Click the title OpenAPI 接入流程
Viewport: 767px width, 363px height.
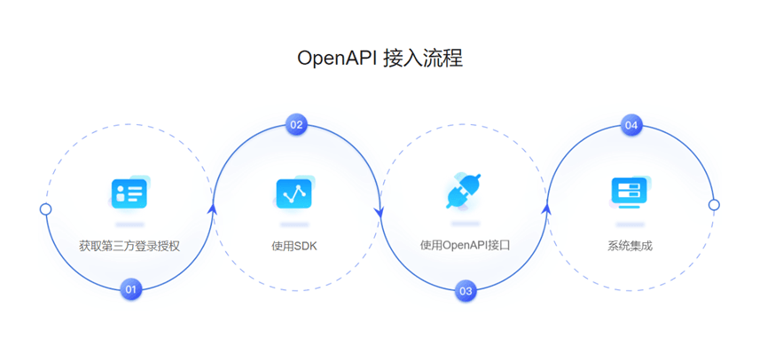click(380, 59)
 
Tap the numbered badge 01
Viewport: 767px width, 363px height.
click(131, 289)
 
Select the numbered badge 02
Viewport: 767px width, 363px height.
click(297, 124)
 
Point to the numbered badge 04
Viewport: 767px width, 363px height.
click(631, 125)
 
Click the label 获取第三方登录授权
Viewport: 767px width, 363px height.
click(129, 246)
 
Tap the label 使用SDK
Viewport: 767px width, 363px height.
click(294, 246)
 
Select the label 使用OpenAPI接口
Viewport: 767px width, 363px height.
click(465, 245)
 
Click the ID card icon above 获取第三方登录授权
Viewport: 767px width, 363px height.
click(129, 193)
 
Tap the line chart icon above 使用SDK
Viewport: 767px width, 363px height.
click(294, 193)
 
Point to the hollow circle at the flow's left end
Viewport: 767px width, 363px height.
click(46, 209)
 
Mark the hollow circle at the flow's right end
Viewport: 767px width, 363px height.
click(714, 205)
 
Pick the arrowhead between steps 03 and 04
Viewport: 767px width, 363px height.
click(546, 209)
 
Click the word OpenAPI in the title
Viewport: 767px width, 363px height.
click(337, 59)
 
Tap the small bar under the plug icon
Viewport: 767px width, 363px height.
click(465, 223)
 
